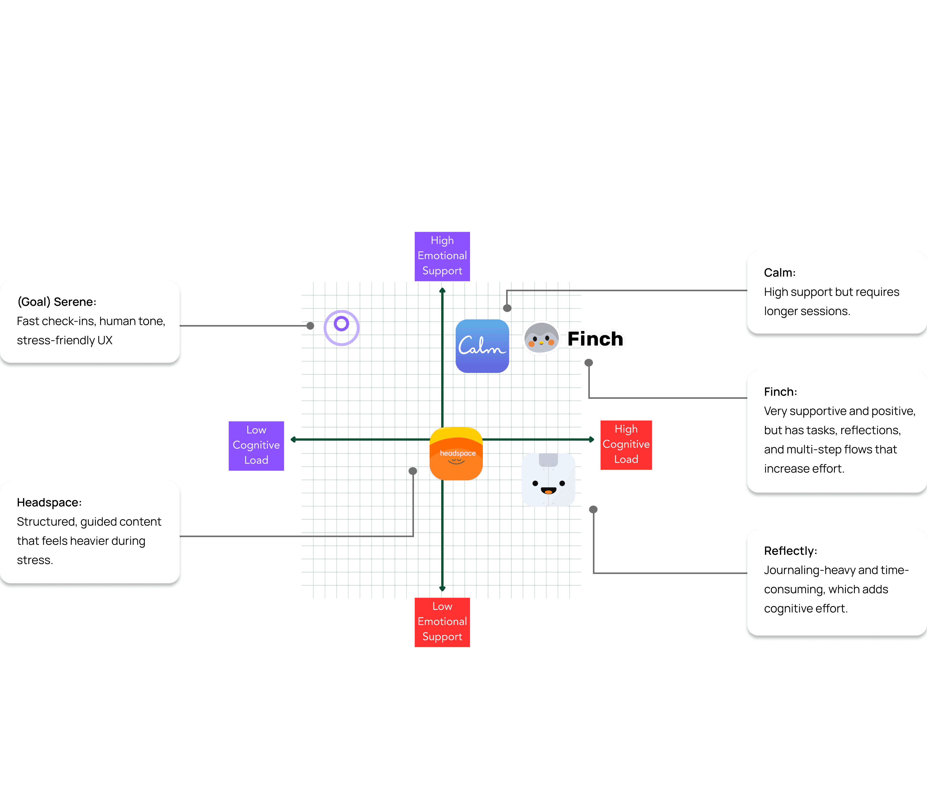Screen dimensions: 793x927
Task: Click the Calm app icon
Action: (482, 346)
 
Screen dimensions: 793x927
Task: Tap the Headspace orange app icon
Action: (456, 454)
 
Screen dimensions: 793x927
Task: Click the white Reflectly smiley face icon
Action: (548, 480)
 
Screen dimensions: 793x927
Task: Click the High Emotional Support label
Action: (442, 256)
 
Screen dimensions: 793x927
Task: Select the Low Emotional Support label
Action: (442, 622)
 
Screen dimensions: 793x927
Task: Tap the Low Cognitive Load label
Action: (256, 445)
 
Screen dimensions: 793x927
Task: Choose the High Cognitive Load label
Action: (626, 444)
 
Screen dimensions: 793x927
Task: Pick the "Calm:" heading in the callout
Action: (779, 273)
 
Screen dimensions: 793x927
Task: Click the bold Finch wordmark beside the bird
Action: (595, 339)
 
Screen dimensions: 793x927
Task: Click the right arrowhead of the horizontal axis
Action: (591, 440)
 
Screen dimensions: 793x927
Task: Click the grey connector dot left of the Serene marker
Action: (310, 326)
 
